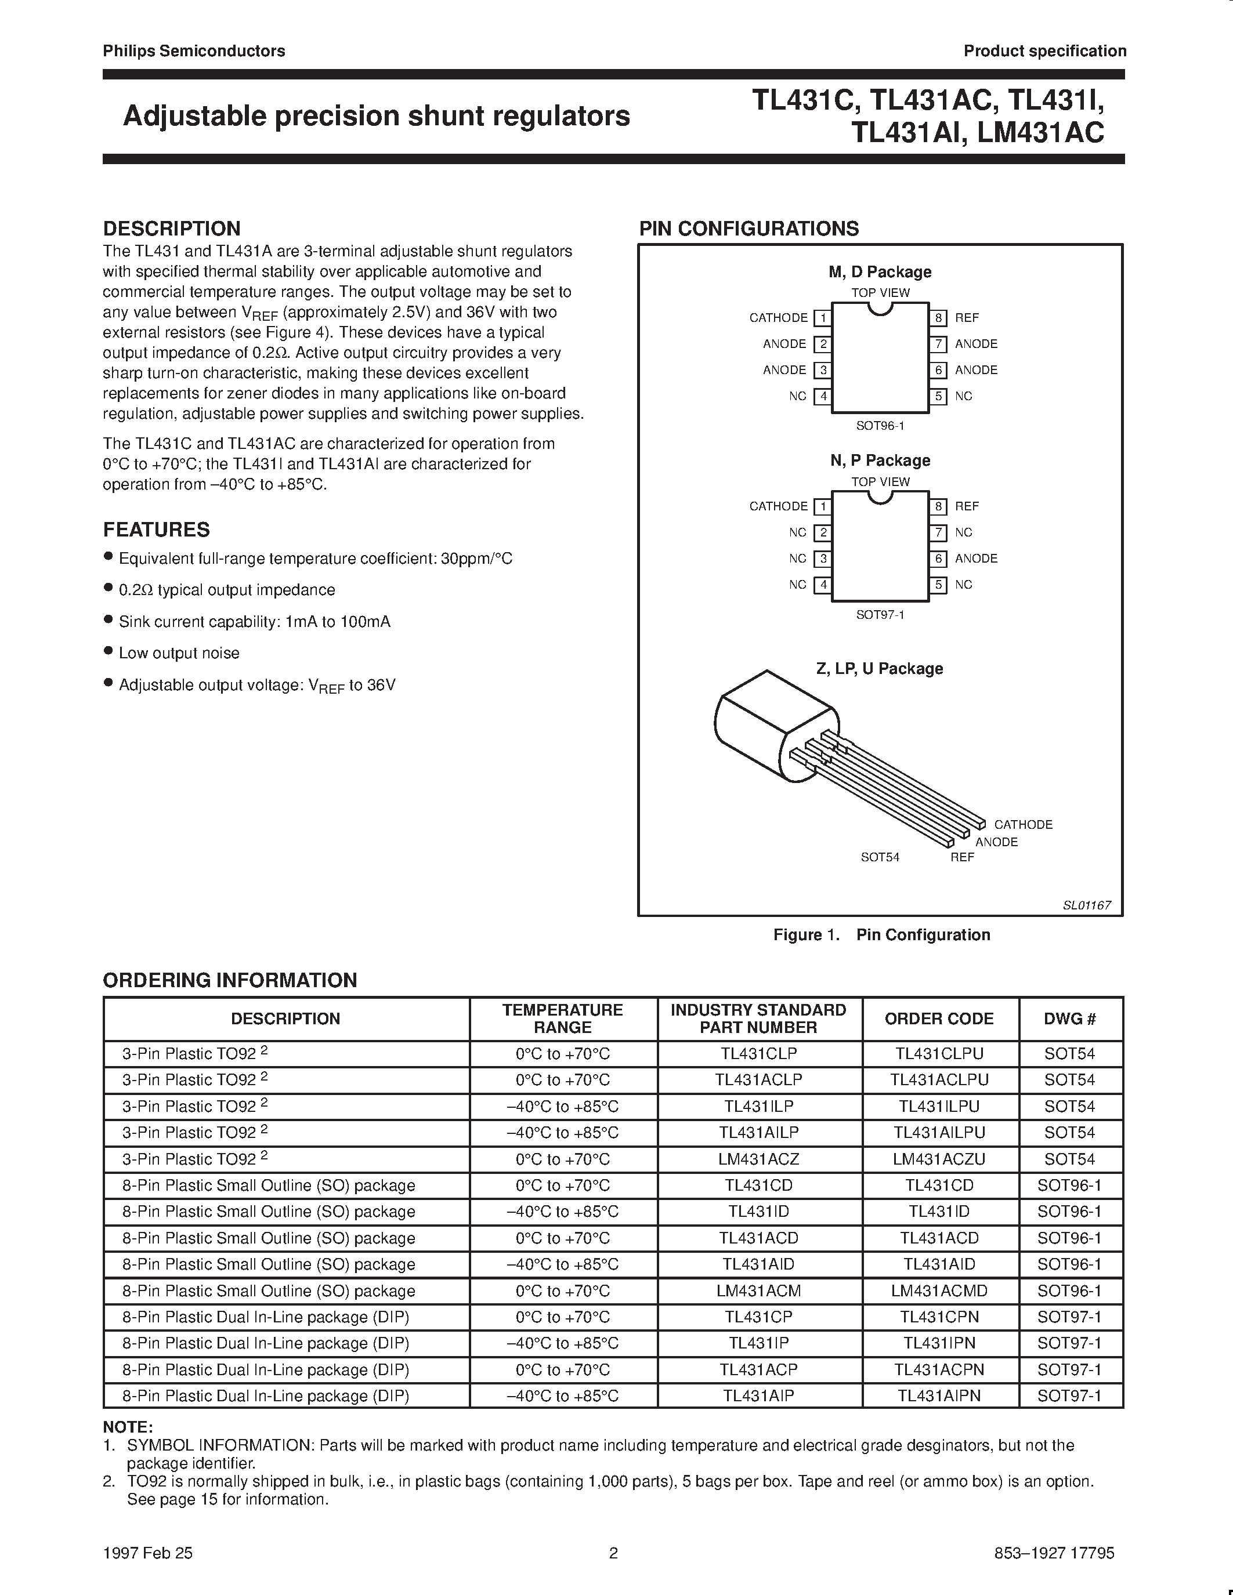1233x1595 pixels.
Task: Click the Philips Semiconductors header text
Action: coord(194,50)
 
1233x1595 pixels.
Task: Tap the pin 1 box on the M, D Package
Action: coord(823,318)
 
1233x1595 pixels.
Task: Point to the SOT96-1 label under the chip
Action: coord(880,426)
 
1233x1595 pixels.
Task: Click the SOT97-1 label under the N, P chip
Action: coord(880,615)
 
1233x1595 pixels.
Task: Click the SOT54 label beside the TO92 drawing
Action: coord(880,857)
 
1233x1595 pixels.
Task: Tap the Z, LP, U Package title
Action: coord(880,668)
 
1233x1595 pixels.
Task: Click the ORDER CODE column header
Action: coord(939,1019)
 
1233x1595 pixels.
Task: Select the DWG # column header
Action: coord(1069,1019)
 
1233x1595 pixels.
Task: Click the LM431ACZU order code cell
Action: coord(939,1159)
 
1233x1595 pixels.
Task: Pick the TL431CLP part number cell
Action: coord(758,1054)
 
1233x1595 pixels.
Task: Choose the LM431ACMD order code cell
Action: coord(939,1290)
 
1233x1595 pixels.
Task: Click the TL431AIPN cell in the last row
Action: coord(939,1395)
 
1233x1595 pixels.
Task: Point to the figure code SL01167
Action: coord(1086,905)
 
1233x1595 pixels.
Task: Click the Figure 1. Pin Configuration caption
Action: coord(881,935)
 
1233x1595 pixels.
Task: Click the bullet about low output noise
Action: coord(178,653)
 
